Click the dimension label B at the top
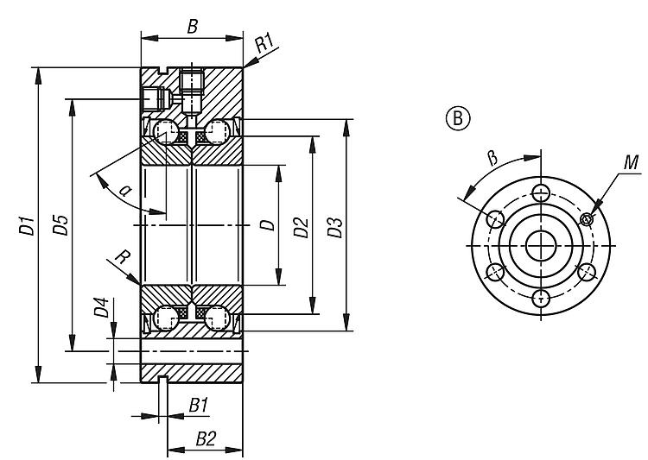[x=193, y=27]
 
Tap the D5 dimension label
[x=60, y=227]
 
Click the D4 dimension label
[x=101, y=307]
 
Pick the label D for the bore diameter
[x=267, y=225]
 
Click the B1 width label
[x=199, y=405]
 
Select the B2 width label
[x=205, y=438]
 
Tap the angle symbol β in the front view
[x=492, y=157]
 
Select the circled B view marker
[x=457, y=118]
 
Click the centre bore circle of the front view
[x=542, y=245]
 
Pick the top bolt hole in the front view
[x=542, y=192]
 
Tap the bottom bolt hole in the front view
[x=542, y=299]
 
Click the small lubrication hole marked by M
[x=588, y=218]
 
